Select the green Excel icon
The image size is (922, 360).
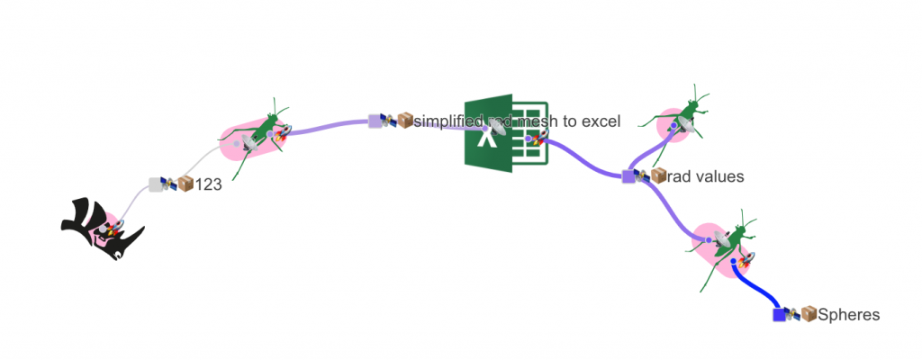tap(505, 131)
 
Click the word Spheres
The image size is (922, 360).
tap(848, 315)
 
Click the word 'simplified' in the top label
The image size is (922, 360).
tap(447, 121)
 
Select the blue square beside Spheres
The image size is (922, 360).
tap(780, 314)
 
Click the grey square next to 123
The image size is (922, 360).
tap(155, 184)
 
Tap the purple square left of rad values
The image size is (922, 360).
tap(628, 176)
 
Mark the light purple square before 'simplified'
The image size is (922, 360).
tap(375, 121)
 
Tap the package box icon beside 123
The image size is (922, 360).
tap(186, 184)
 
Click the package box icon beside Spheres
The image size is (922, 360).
tap(809, 315)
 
